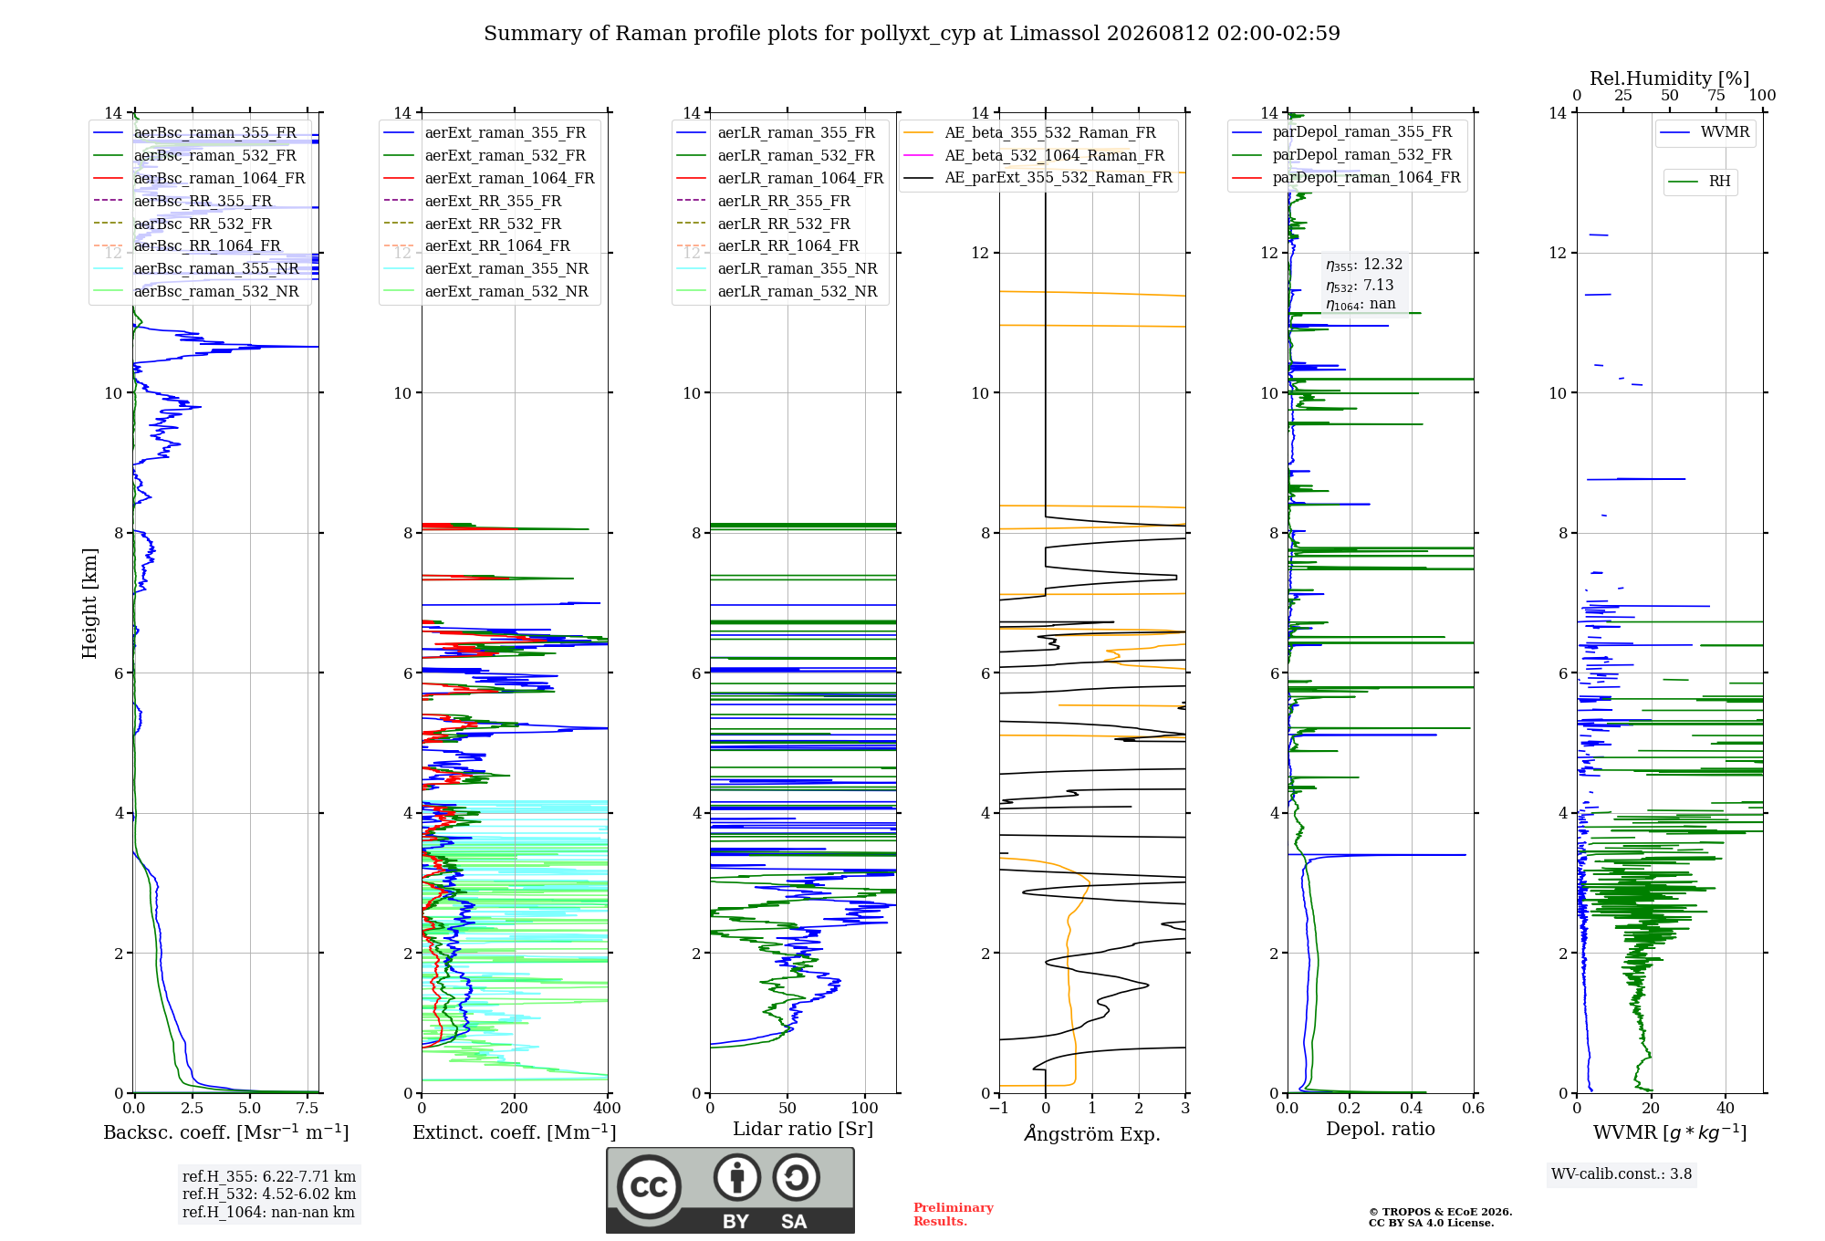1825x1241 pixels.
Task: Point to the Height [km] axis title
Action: (x=89, y=603)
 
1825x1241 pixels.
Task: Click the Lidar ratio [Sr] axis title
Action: (x=803, y=1129)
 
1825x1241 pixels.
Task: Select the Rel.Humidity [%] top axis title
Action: (x=1670, y=78)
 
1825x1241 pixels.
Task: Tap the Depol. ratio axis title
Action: (x=1381, y=1129)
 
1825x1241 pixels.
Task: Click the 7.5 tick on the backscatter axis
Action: (x=308, y=1109)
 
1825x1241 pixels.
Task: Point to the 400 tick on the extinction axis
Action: (x=608, y=1109)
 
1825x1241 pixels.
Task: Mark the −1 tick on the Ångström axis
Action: (x=999, y=1109)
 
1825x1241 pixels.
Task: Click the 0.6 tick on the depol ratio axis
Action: (x=1474, y=1109)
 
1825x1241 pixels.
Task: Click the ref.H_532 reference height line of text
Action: (x=269, y=1194)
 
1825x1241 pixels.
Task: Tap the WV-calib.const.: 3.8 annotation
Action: (x=1622, y=1174)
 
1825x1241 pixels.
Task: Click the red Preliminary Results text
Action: (x=954, y=1215)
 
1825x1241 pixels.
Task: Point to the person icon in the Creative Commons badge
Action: (x=737, y=1178)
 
